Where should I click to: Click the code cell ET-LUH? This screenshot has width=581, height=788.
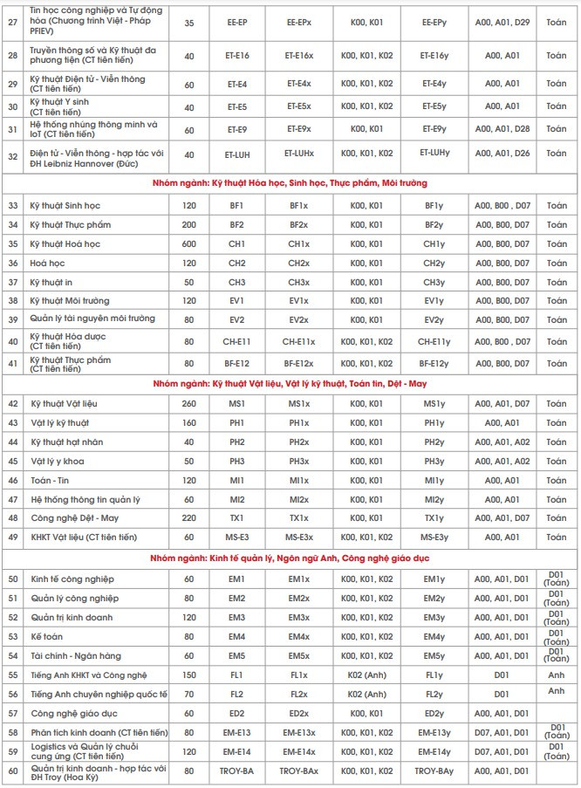coord(237,154)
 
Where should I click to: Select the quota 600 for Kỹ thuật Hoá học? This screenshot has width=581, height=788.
coord(189,243)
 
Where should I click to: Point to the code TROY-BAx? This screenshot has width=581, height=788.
coord(298,771)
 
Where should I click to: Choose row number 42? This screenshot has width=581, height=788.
coord(13,403)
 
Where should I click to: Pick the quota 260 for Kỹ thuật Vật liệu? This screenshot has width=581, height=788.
coord(189,403)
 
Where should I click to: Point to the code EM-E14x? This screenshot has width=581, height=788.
coord(298,751)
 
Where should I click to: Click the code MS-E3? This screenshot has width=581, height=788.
coord(237,537)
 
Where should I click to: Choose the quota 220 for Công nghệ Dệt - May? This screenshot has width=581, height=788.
coord(189,517)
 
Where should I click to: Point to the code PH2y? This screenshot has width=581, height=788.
coord(434,442)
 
